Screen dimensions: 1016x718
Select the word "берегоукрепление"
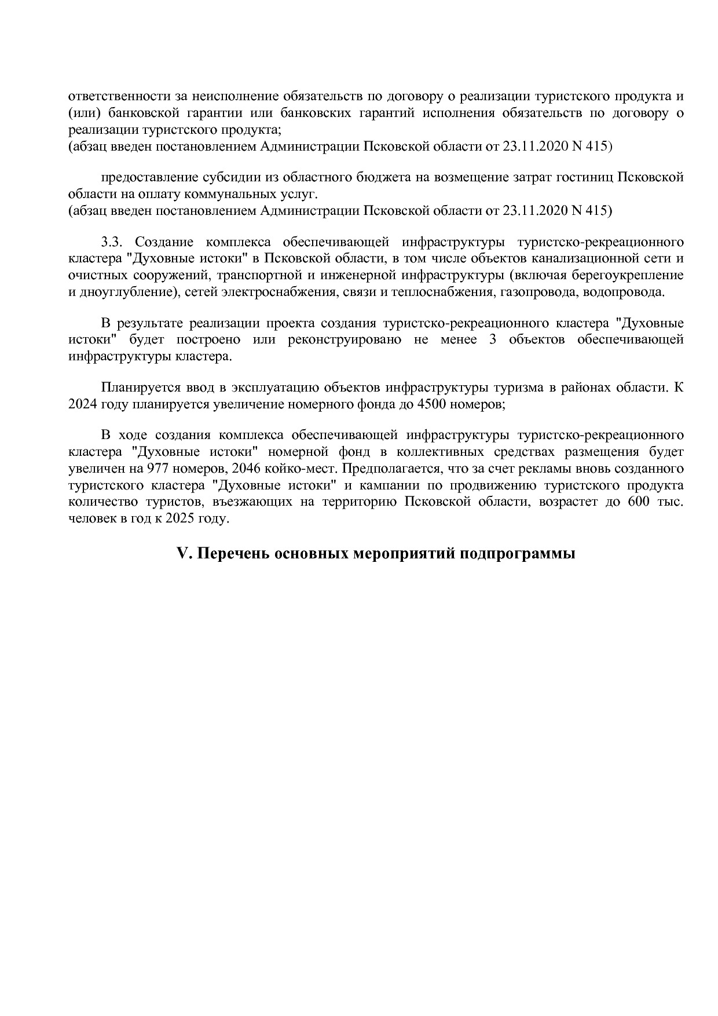tap(628, 275)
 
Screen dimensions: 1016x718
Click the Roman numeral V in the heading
tap(183, 554)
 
